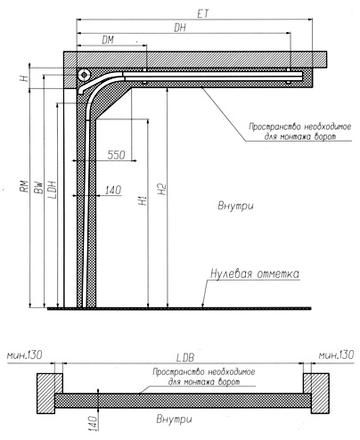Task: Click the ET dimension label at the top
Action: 203,13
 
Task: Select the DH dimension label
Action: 180,28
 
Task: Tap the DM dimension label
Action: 108,40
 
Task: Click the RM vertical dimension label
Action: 25,186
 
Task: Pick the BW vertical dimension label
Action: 38,188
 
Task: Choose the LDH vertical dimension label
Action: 52,190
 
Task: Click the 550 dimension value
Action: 117,155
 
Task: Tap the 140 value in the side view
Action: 113,190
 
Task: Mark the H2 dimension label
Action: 162,189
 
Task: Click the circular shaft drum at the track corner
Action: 84,75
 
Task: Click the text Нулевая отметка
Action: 255,273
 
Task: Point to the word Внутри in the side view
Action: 235,206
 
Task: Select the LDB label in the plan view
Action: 185,358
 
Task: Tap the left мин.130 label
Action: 25,354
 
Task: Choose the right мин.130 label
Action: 336,354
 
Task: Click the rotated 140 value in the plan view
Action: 93,423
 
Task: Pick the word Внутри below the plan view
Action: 174,420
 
